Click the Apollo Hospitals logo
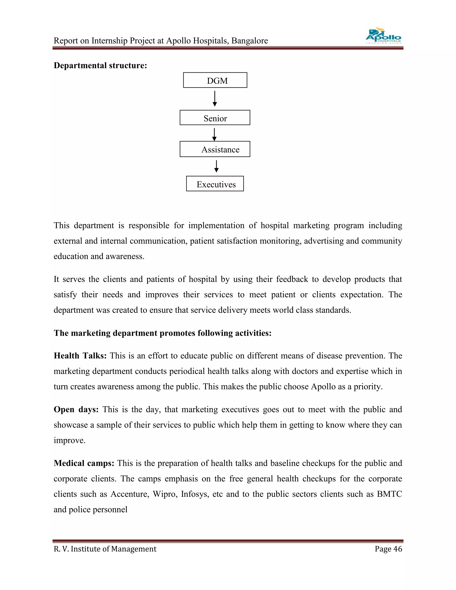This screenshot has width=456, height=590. (383, 36)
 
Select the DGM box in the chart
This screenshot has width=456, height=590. (215, 80)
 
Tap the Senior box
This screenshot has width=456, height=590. (215, 118)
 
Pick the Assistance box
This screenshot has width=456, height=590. (215, 149)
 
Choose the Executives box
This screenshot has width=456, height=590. (215, 184)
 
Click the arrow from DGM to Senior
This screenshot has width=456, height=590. (215, 99)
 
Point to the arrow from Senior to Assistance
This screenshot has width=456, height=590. (214, 134)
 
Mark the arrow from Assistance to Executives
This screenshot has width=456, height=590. (216, 166)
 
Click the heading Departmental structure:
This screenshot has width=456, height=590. (100, 66)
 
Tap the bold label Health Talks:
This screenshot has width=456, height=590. (80, 356)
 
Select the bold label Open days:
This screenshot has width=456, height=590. (76, 409)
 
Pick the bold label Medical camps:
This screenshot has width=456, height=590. (84, 463)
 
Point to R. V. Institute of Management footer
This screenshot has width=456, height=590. (105, 549)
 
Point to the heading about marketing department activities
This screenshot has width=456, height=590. (162, 333)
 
